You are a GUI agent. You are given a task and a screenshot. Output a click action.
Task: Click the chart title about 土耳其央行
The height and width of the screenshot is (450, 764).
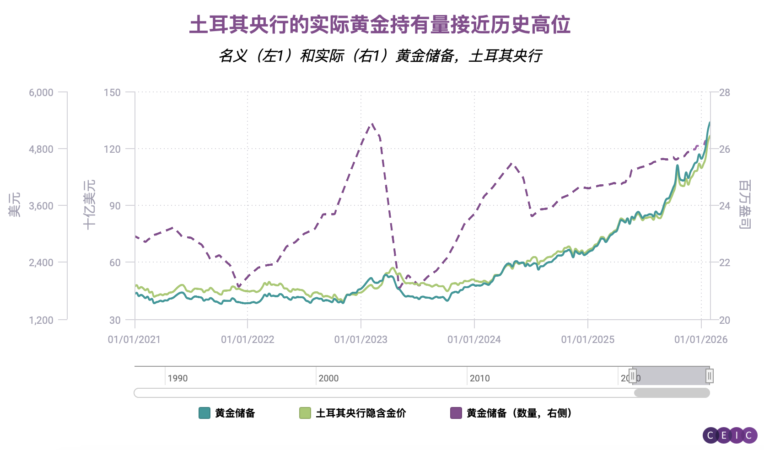tap(380, 25)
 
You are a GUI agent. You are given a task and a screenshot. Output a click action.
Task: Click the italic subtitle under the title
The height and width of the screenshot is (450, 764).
tap(380, 56)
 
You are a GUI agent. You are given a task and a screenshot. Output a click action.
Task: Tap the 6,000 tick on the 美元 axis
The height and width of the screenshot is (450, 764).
tap(41, 92)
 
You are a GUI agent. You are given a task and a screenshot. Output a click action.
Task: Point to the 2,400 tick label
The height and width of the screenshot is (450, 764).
tap(41, 262)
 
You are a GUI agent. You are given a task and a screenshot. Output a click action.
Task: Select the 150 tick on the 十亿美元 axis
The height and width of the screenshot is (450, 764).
tap(112, 92)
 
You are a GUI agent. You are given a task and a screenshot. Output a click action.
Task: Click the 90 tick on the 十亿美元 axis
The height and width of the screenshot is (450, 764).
tap(115, 206)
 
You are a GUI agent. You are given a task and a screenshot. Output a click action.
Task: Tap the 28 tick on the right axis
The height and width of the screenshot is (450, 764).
tap(724, 92)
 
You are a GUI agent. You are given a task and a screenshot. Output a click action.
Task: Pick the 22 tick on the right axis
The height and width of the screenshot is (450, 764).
tap(724, 262)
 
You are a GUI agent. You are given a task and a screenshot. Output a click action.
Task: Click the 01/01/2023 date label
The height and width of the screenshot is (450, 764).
tap(360, 339)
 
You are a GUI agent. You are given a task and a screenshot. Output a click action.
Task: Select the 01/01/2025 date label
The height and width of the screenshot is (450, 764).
tap(587, 339)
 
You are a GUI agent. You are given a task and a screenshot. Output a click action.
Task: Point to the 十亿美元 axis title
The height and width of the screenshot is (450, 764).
tap(89, 204)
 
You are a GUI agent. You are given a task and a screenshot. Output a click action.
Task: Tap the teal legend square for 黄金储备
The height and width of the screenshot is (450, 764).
tap(204, 413)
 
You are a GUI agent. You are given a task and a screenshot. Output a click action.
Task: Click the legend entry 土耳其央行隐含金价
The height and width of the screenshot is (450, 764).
tap(360, 413)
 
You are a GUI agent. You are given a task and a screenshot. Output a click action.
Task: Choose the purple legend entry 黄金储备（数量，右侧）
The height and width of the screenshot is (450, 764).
tap(519, 413)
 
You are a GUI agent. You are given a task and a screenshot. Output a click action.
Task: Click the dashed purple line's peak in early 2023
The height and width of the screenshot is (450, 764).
tap(373, 123)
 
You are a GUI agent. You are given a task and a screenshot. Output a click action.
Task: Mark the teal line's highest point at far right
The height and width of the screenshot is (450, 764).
tap(709, 123)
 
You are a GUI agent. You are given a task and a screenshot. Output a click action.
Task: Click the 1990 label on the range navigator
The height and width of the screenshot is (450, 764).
tap(178, 378)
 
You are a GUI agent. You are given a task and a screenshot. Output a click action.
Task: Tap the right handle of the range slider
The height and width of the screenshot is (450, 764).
tap(709, 376)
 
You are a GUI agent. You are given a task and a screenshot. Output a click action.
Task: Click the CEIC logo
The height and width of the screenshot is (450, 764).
tap(730, 435)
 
